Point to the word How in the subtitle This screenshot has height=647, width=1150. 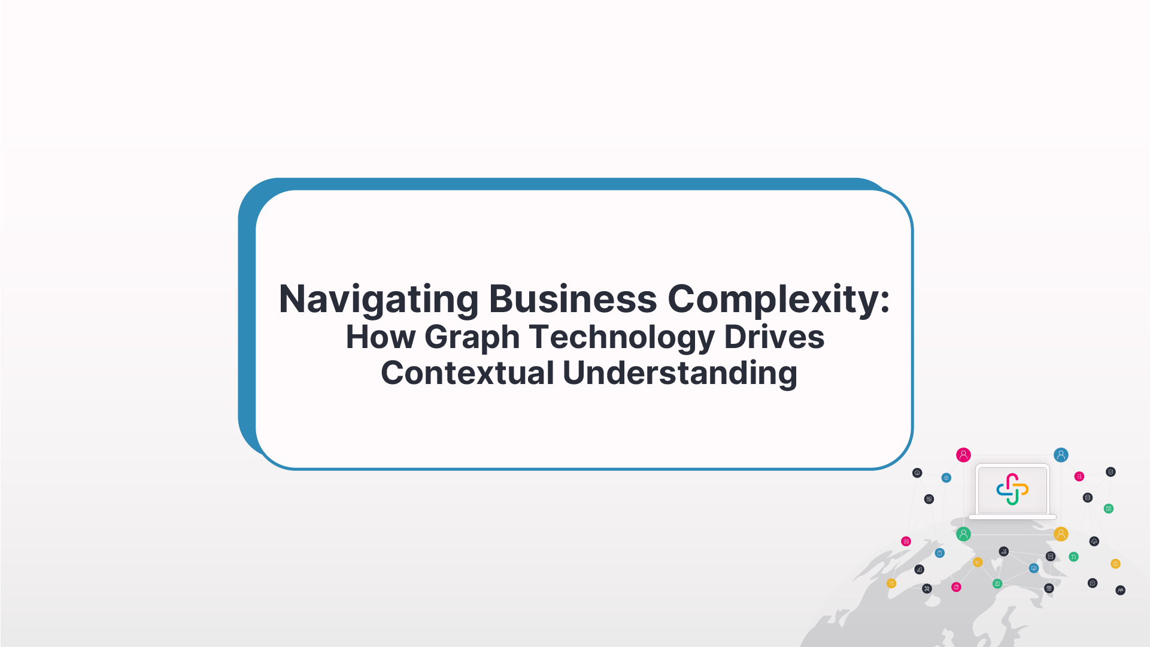[380, 337]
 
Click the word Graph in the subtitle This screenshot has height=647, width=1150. [472, 337]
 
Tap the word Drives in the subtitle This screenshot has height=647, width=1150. [774, 337]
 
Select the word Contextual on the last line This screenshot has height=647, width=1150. [468, 373]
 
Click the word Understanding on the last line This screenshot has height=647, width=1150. [679, 373]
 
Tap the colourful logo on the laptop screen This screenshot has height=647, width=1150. [1012, 489]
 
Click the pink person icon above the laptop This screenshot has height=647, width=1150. [963, 455]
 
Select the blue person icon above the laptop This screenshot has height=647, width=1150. [1061, 455]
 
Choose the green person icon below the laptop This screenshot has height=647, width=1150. [963, 534]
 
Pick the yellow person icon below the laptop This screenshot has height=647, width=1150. [1061, 534]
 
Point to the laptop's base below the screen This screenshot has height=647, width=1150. [1012, 517]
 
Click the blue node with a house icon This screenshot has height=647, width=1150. [946, 477]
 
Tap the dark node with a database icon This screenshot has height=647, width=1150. [1088, 497]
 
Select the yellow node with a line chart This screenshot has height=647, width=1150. [978, 562]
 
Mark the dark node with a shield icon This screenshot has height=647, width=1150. [1110, 471]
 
